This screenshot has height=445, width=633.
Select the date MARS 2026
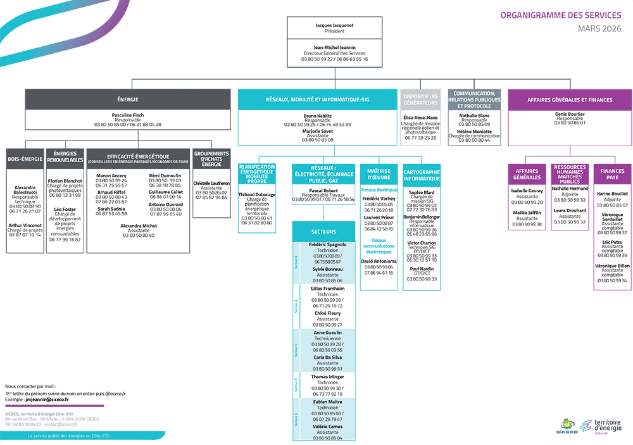point(599,28)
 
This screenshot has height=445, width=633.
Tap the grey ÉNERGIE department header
point(128,99)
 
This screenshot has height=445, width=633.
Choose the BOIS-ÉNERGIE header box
point(25,158)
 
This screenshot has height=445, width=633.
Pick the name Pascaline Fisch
point(128,115)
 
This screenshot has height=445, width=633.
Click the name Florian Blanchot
point(65,180)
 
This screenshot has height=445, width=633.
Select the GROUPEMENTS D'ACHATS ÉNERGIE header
point(211,158)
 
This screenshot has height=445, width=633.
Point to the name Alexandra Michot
point(139,225)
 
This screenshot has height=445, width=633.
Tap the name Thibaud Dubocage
point(257,194)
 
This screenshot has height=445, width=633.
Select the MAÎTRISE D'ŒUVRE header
point(379,174)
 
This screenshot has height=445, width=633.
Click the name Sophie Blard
point(422,192)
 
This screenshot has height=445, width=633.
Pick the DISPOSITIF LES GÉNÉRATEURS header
point(420,99)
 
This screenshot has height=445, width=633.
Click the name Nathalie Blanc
point(474,115)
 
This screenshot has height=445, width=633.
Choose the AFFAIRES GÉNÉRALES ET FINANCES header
point(570,99)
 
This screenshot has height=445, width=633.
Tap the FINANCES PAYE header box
point(612,174)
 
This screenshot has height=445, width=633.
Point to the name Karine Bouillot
point(612,194)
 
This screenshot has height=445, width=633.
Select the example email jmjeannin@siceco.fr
point(47,400)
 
